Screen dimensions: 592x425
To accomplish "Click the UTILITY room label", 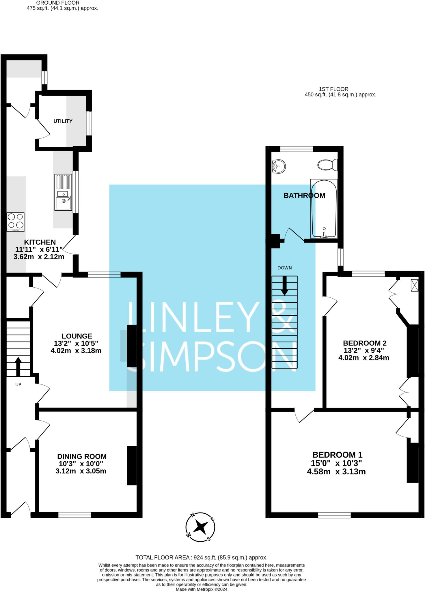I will click(63, 121).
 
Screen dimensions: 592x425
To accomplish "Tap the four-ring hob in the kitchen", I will click(16, 222).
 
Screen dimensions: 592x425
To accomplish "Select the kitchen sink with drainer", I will click(63, 192).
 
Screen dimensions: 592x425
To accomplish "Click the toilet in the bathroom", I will click(327, 165).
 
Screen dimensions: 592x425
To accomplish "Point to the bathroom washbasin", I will click(279, 166).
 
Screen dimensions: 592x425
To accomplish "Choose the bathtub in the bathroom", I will click(324, 209).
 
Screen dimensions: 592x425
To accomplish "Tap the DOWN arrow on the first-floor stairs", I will click(285, 286).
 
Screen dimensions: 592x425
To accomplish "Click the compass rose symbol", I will click(200, 527).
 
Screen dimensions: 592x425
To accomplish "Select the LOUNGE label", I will click(77, 336).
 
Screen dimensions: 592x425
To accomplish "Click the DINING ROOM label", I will click(82, 456).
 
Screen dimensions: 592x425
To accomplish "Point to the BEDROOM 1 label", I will click(338, 455).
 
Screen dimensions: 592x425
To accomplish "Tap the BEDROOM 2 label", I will click(364, 343).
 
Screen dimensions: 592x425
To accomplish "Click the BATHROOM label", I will click(304, 196).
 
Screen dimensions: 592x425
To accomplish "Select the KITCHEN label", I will click(40, 242).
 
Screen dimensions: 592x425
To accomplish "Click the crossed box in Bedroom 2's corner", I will click(414, 285).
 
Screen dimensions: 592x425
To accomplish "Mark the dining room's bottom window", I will click(74, 515).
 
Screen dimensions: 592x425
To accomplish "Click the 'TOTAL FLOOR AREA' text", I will click(202, 558).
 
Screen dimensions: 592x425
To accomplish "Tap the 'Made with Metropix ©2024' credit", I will click(202, 589).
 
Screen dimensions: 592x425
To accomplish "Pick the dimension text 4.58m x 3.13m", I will click(336, 472).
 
